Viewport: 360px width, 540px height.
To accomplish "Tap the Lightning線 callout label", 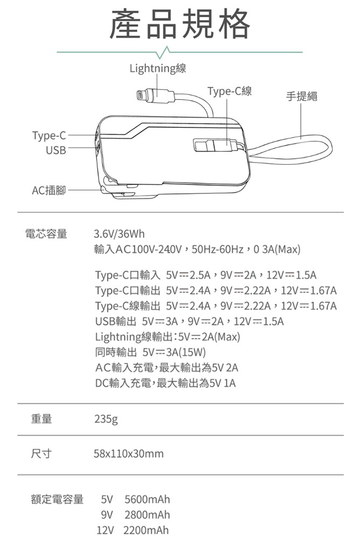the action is point(158,68).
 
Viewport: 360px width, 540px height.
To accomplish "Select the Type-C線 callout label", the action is point(229,91).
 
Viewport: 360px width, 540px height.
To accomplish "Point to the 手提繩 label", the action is point(302,97).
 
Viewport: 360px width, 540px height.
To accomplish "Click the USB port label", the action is point(56,150).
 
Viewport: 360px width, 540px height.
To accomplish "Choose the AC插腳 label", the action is point(49,190).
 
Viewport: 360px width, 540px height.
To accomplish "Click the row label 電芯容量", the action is point(46,234).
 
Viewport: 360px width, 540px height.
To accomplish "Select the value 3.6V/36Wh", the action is point(119,234).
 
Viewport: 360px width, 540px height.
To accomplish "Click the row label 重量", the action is point(42,419).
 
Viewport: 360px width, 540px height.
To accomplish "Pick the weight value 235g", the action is point(106,420).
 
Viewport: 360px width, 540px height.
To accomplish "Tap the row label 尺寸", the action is point(42,453).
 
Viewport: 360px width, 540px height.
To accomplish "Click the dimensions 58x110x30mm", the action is point(128,454).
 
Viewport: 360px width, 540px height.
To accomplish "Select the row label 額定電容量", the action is point(57,499).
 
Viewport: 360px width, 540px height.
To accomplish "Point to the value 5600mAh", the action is point(147,500).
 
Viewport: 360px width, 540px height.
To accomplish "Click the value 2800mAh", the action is point(147,515).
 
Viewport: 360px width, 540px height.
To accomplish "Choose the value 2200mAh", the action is point(146,530).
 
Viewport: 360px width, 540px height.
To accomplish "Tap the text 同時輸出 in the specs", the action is point(116,352).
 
